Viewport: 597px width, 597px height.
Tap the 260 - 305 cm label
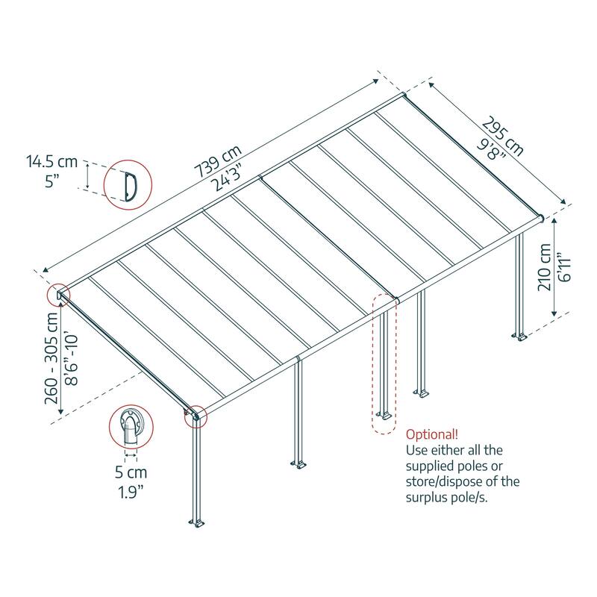click(x=52, y=357)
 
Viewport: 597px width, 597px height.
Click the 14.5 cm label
click(x=51, y=160)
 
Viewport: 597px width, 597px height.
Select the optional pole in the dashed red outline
click(x=384, y=366)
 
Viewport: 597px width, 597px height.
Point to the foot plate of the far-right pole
click(x=520, y=338)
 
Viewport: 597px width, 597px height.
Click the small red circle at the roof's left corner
click(x=60, y=295)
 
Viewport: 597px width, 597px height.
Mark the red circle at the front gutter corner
click(x=196, y=416)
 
